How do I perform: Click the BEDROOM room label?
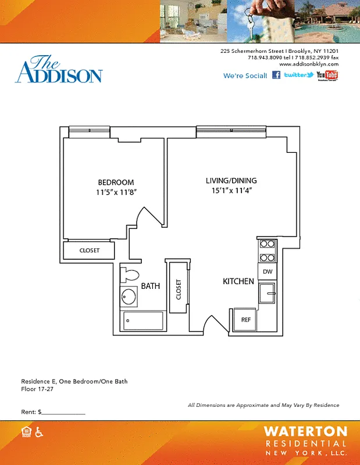[116, 182]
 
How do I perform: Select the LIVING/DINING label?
[231, 180]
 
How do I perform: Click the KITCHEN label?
[238, 281]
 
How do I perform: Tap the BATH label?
[150, 286]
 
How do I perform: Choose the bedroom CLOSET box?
[89, 251]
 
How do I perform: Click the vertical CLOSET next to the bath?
[178, 289]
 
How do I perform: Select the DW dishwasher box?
[268, 271]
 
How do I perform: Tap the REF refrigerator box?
[246, 319]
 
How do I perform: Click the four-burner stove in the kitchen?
[268, 251]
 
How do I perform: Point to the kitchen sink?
[268, 294]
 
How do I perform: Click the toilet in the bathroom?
[130, 274]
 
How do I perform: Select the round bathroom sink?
[130, 298]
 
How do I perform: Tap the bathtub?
[143, 320]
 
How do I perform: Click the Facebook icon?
[276, 75]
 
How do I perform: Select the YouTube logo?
[327, 76]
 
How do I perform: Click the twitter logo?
[298, 75]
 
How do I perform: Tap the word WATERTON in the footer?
[305, 431]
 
